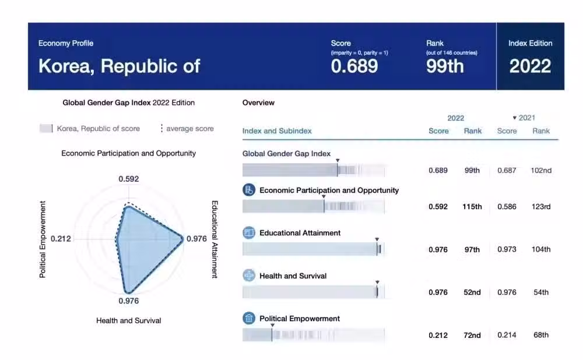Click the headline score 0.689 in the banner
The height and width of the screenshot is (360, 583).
(x=354, y=66)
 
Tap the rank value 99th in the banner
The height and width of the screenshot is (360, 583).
(x=445, y=66)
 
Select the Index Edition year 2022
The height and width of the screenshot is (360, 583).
(x=530, y=66)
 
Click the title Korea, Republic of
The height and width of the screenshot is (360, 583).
(x=120, y=66)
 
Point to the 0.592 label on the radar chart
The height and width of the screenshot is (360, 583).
(x=129, y=179)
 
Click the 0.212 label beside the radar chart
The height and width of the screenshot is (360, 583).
(x=61, y=239)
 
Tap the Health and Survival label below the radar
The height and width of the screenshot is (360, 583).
(x=129, y=320)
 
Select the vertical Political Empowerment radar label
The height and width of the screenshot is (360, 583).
(x=43, y=239)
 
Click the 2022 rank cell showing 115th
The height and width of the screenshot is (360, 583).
(x=472, y=207)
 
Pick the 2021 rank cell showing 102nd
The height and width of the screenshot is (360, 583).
(x=541, y=171)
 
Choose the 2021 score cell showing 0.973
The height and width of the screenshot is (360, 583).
(x=507, y=249)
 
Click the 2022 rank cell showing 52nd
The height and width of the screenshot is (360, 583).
(x=472, y=292)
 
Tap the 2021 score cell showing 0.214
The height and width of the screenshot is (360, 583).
(x=507, y=335)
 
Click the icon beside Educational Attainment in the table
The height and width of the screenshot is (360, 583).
(x=249, y=233)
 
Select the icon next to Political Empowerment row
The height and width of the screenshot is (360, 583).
(x=249, y=319)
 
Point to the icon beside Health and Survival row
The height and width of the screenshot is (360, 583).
(x=249, y=276)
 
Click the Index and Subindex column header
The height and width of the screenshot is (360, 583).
(x=277, y=131)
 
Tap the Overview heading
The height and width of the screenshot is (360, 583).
(x=258, y=103)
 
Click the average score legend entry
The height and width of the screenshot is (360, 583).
(x=187, y=129)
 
